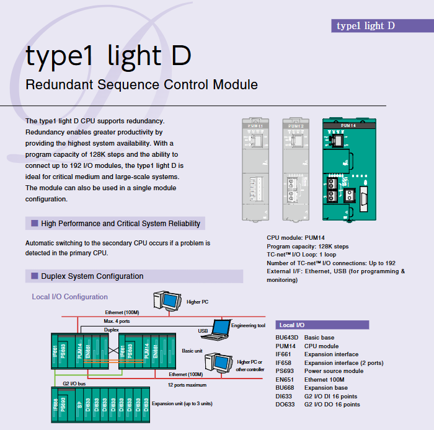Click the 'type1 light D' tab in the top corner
click(366, 25)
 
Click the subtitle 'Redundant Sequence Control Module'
click(141, 84)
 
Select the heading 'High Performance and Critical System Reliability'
click(120, 223)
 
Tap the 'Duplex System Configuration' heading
click(92, 276)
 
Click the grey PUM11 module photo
click(258, 171)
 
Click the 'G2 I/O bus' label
click(74, 384)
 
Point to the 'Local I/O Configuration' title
click(70, 297)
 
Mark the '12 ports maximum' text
click(187, 385)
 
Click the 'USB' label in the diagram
click(203, 331)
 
